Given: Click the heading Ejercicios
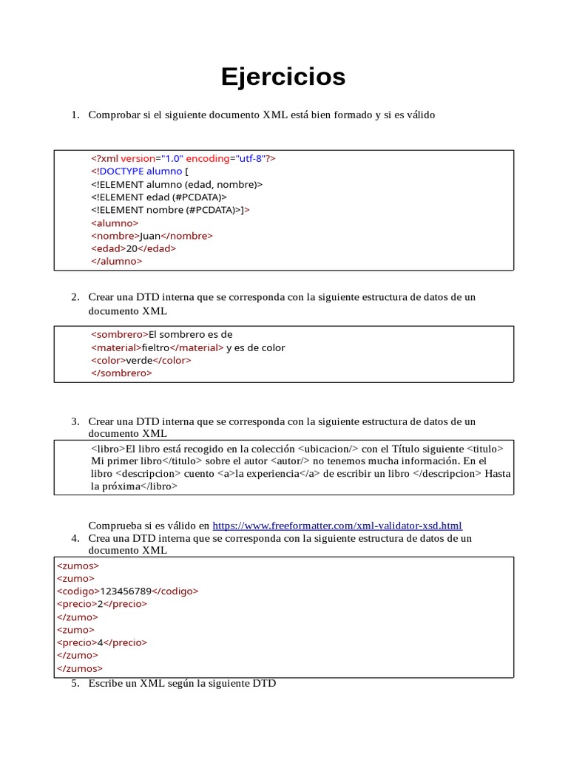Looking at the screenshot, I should click(283, 77).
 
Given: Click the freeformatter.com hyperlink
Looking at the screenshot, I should click(337, 526).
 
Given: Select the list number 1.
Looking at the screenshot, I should click(75, 115).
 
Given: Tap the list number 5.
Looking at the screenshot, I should click(75, 684).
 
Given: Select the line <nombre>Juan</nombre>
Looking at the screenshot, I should click(152, 236).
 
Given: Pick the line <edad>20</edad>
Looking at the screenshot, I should click(133, 248).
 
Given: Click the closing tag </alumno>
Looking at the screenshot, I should click(116, 261).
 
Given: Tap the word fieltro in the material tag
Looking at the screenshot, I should click(155, 347).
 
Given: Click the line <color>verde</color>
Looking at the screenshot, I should click(141, 360).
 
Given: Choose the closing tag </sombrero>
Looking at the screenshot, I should click(121, 373).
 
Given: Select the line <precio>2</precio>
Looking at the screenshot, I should click(102, 603).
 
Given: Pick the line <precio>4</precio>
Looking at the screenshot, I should click(102, 642).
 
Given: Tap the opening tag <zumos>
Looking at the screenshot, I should click(78, 566).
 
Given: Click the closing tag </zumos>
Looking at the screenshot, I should click(80, 668).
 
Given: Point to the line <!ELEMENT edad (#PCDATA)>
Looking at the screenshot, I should click(159, 197).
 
